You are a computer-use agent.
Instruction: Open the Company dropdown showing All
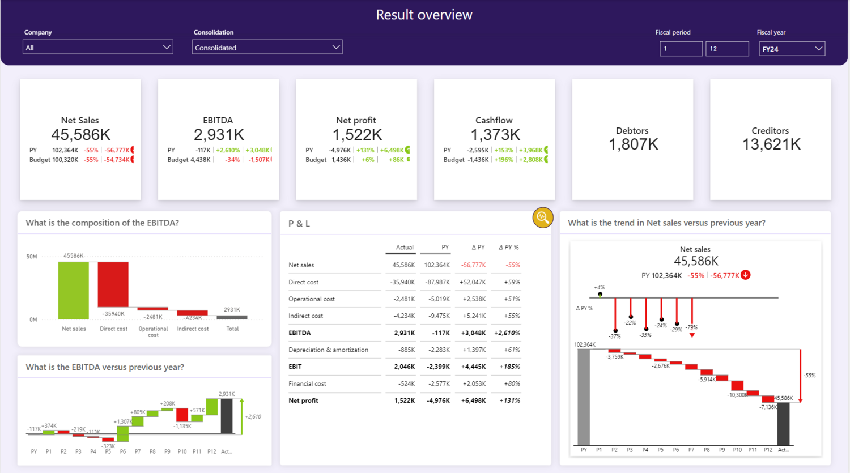coord(98,47)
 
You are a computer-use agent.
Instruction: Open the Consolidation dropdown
coord(267,47)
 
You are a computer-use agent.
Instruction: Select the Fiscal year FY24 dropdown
coord(792,49)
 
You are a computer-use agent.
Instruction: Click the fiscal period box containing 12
coord(727,49)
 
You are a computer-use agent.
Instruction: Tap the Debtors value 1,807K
coord(634,144)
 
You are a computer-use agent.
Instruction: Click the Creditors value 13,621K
coord(771,144)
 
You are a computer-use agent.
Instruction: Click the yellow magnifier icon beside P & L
coord(543,218)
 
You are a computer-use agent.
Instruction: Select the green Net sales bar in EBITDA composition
coord(73,291)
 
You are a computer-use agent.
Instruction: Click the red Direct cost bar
coord(113,284)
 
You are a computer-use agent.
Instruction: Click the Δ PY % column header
coord(508,248)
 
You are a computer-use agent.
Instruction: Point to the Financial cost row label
coord(307,384)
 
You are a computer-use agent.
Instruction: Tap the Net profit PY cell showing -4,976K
coord(438,400)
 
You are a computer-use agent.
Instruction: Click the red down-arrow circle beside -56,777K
coord(746,275)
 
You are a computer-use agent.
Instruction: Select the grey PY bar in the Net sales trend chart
coord(584,397)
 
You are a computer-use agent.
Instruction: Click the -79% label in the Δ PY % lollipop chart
coord(691,327)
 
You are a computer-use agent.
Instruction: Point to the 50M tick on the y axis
coord(32,257)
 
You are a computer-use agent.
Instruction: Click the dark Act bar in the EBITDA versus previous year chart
coord(227,416)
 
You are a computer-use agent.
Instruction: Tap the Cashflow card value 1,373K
coord(495,135)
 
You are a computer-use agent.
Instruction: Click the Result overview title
coord(424,15)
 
